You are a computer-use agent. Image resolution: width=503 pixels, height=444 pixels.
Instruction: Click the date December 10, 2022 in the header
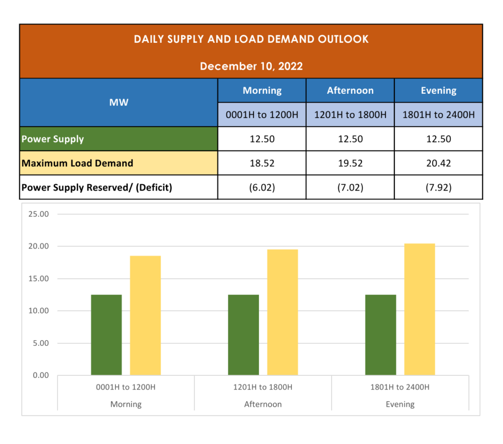[251, 66]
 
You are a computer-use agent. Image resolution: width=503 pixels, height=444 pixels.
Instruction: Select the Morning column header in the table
[262, 90]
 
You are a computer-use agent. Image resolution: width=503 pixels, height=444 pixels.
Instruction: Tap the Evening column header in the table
[438, 90]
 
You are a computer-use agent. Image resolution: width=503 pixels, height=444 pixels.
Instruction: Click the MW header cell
[118, 102]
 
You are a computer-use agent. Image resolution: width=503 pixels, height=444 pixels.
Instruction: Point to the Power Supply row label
[53, 139]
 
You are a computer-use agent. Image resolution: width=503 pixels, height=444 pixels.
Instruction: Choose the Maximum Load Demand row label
[77, 163]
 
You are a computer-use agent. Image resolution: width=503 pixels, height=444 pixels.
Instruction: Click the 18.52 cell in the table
[262, 163]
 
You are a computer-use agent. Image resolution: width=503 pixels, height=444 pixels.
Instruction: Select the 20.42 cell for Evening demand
[438, 163]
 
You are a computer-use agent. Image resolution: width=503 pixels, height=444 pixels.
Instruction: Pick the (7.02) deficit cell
[350, 187]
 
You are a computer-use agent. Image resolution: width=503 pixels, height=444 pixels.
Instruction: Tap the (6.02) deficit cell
[262, 187]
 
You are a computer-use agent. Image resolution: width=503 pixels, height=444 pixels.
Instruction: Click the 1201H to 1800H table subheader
[350, 115]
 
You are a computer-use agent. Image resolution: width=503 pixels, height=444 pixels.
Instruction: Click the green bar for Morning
[106, 335]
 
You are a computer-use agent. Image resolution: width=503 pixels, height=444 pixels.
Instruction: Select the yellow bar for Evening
[419, 309]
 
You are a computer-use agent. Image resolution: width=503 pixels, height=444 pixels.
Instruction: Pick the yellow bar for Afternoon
[282, 312]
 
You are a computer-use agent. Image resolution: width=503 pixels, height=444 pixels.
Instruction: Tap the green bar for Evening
[381, 335]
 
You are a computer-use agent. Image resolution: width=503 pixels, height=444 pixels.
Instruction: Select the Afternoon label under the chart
[263, 404]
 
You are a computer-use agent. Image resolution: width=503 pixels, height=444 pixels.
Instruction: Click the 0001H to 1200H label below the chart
[126, 387]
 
